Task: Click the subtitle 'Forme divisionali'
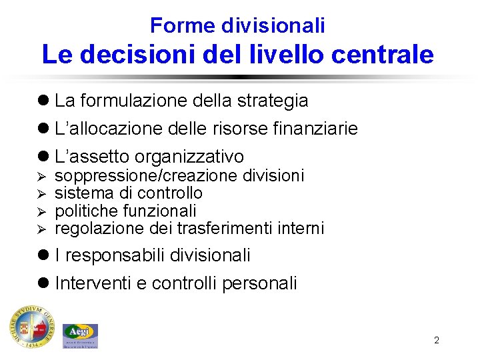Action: click(238, 25)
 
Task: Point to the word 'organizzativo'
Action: click(189, 157)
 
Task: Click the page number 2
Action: click(436, 341)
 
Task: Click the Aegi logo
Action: click(80, 335)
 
